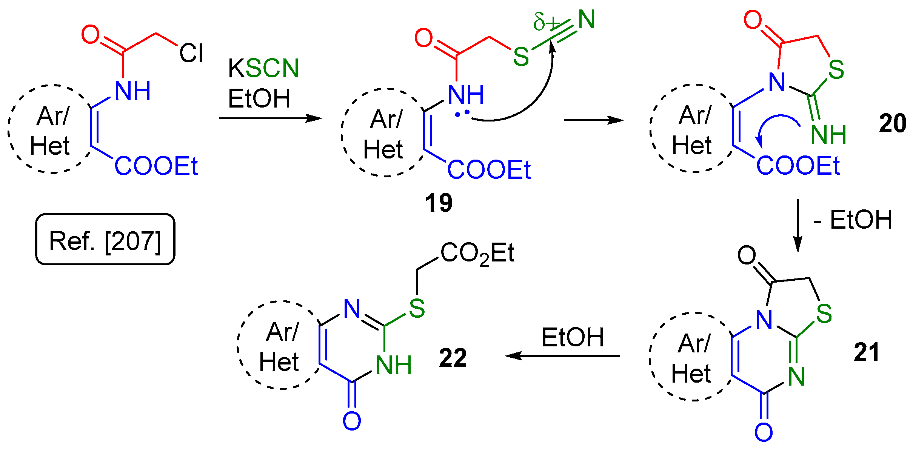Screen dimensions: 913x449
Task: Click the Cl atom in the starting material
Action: click(191, 53)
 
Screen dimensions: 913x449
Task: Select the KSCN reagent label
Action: click(263, 68)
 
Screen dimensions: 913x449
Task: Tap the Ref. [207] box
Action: click(105, 240)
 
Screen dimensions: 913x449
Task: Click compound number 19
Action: click(438, 203)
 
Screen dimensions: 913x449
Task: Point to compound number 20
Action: click(892, 123)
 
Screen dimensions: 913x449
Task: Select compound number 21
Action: click(867, 352)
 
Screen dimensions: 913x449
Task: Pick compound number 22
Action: click(453, 357)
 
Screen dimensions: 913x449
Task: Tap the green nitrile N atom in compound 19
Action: click(586, 20)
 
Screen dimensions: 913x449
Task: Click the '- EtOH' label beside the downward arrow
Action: click(853, 220)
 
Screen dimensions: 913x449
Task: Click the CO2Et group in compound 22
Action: click(477, 253)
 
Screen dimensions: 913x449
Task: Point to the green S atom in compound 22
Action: click(417, 309)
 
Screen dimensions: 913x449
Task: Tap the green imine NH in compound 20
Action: click(828, 134)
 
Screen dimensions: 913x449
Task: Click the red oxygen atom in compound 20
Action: click(753, 20)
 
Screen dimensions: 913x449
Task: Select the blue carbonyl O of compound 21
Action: click(763, 432)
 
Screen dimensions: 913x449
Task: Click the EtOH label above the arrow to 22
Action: click(573, 337)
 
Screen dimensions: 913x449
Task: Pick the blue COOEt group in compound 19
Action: click(489, 169)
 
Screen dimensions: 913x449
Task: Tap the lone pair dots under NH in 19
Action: click(462, 113)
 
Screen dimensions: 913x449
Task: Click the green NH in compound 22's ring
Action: click(394, 365)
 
